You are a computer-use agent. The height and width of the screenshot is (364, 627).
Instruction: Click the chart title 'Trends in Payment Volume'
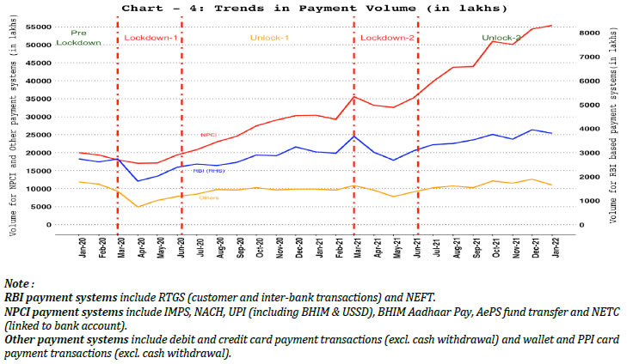(x=314, y=8)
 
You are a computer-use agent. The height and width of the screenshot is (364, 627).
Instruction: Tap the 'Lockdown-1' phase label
(x=151, y=39)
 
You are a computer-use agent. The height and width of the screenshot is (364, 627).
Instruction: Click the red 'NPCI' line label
(x=208, y=135)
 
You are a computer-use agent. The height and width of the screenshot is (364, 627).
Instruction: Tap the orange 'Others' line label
(x=208, y=197)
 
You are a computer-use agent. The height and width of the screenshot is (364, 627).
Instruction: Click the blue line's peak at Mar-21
(x=354, y=136)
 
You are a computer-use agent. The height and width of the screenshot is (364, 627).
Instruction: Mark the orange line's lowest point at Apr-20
(x=138, y=207)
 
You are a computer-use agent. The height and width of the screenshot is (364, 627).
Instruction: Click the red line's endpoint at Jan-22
(x=551, y=25)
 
